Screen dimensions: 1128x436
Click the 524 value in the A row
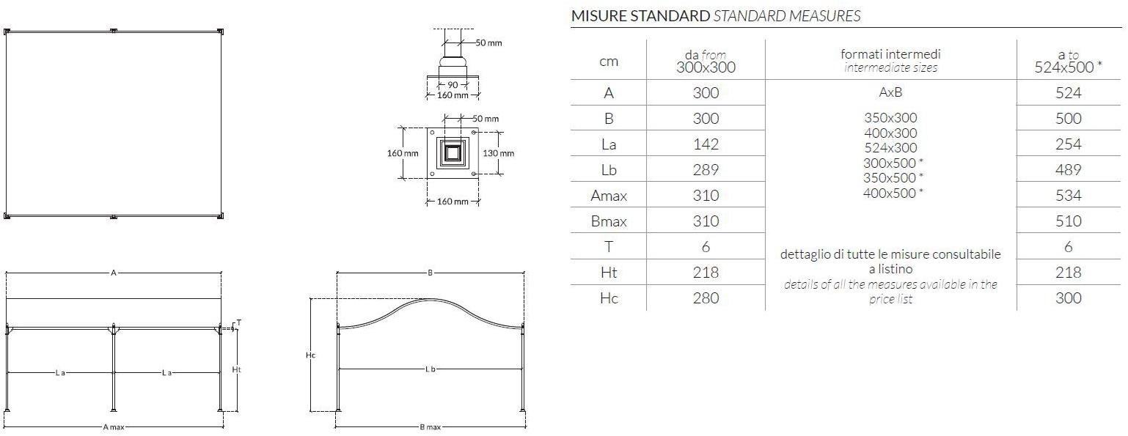coord(1068,93)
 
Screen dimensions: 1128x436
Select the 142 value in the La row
coord(706,144)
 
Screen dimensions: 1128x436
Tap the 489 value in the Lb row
coord(1068,170)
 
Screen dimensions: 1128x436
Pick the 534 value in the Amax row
coord(1068,196)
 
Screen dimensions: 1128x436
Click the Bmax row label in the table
coord(608,221)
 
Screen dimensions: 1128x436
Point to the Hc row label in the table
coord(608,298)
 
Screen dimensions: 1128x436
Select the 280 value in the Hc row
coord(706,298)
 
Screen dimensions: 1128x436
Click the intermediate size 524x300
coord(890,148)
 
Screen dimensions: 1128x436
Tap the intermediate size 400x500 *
coord(893,193)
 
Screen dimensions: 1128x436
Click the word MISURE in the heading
coord(598,16)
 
